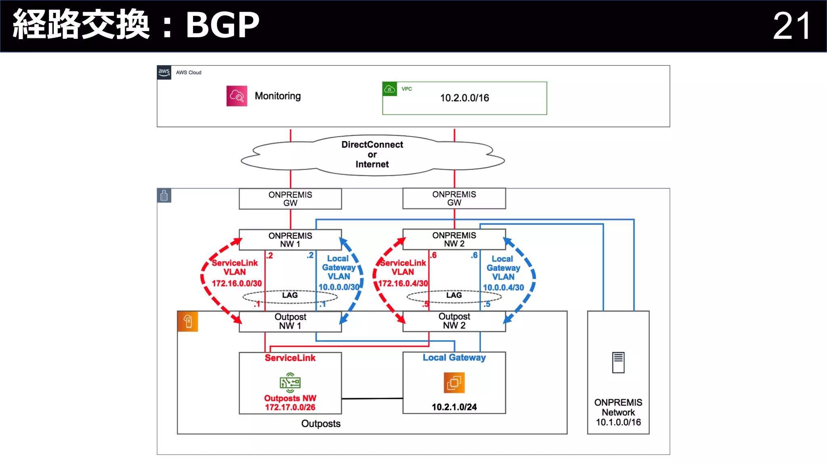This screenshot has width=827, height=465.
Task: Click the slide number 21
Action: [x=791, y=26]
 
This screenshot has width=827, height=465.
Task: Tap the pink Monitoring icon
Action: [x=237, y=96]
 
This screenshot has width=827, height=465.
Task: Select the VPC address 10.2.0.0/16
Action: [x=464, y=98]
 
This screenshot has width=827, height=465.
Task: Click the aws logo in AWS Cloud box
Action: [x=164, y=72]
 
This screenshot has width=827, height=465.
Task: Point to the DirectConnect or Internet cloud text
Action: [x=372, y=155]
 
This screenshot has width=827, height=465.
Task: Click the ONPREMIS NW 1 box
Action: [x=290, y=240]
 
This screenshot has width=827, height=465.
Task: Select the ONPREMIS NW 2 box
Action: [x=454, y=239]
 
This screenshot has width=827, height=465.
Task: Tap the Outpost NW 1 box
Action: [x=290, y=321]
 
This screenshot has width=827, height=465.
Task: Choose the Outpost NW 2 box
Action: [x=454, y=321]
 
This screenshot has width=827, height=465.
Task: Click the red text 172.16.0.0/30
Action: [x=237, y=283]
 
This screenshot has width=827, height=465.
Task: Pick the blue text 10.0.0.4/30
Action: [x=503, y=287]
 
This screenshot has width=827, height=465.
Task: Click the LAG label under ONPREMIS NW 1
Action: [x=290, y=295]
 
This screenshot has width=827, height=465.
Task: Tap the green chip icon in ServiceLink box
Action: [x=290, y=382]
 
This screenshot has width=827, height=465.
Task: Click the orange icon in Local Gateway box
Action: [x=454, y=382]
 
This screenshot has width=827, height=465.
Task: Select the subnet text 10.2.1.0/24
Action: [x=454, y=407]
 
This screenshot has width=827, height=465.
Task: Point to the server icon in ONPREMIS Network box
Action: [x=618, y=362]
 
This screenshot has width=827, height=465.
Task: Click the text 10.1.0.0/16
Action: [x=618, y=422]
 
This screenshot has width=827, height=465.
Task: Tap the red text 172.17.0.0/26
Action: [x=290, y=407]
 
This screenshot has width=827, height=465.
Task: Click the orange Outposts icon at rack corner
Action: [x=188, y=321]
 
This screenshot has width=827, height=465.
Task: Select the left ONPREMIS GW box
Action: [x=290, y=199]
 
